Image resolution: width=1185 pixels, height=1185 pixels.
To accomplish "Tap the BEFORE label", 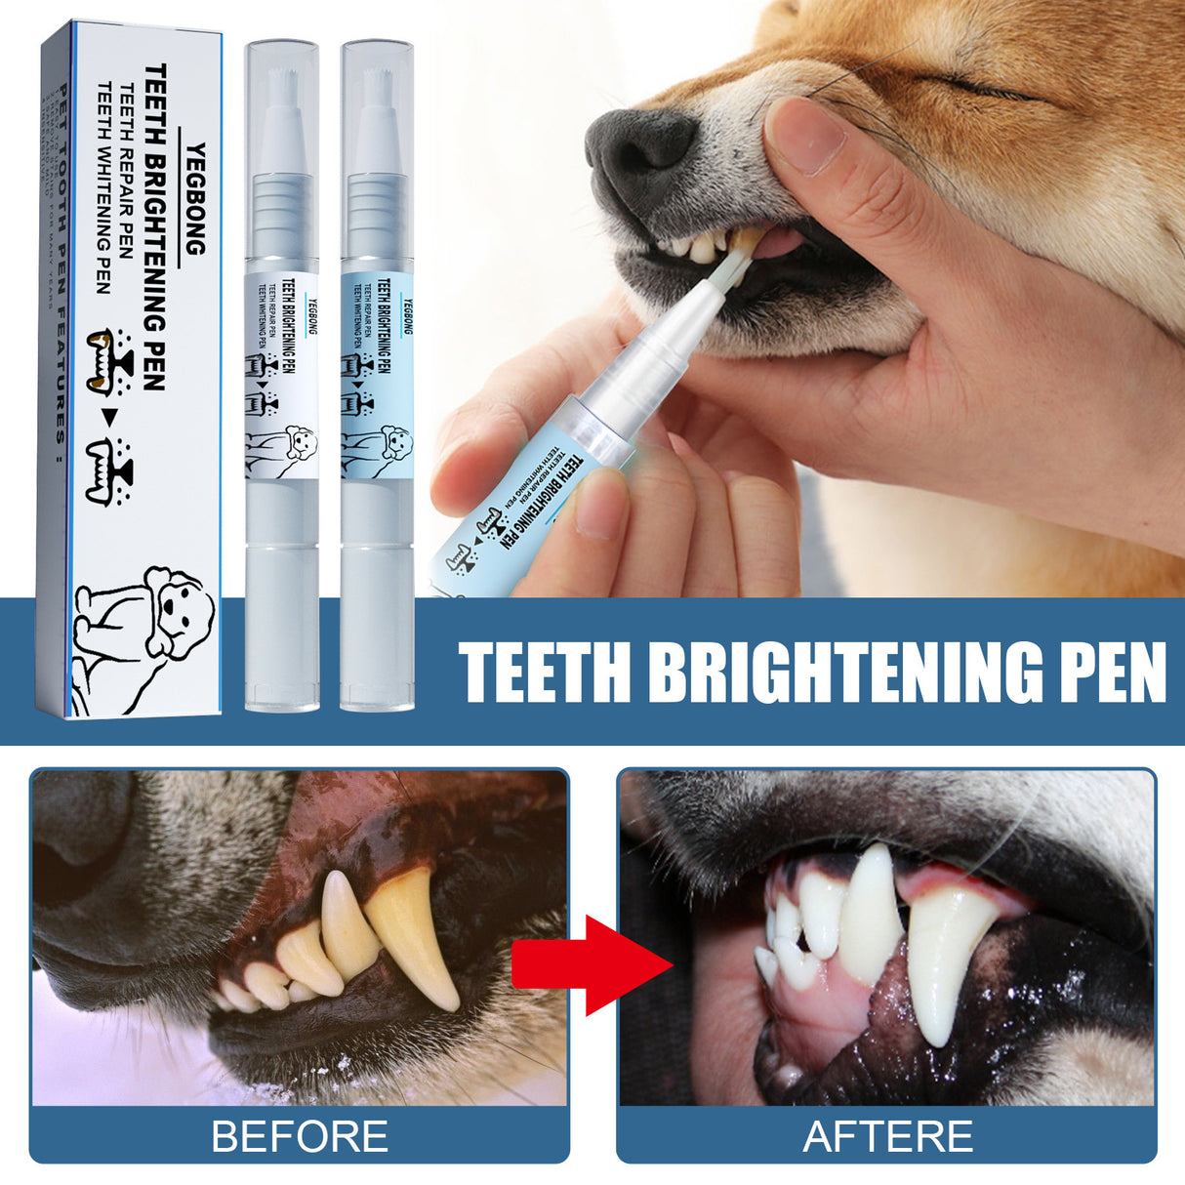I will pyautogui.click(x=300, y=1136).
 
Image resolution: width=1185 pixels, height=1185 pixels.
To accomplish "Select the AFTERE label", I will pyautogui.click(x=887, y=1136).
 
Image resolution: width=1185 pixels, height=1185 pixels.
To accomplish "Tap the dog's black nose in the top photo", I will pyautogui.click(x=640, y=146).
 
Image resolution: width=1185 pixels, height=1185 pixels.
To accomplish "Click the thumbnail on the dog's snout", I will pyautogui.click(x=805, y=137).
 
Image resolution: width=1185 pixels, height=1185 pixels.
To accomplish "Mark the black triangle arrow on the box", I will pyautogui.click(x=110, y=416).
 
